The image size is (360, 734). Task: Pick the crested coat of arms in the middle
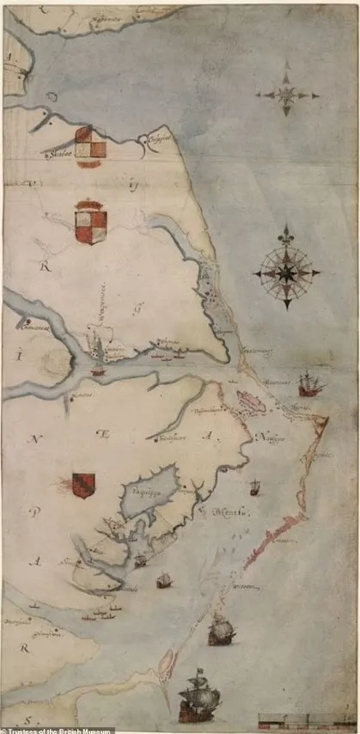90,222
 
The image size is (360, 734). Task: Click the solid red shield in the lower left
83,486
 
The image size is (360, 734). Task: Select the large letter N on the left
35,440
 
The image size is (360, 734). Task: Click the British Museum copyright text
57,730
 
